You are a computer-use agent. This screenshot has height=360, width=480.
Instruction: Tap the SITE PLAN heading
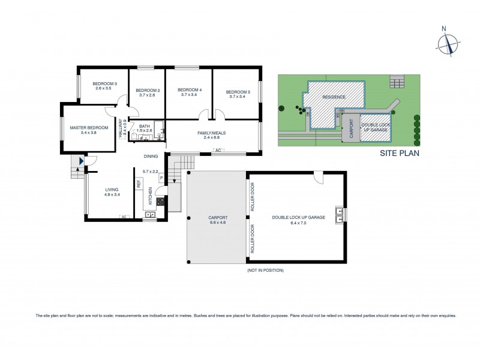click(400, 153)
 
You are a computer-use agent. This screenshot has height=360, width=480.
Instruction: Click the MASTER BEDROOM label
click(88, 128)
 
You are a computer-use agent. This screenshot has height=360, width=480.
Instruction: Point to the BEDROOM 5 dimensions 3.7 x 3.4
click(236, 96)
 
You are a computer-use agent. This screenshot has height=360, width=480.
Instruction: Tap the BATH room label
click(144, 126)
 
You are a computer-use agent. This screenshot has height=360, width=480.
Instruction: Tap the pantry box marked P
click(161, 178)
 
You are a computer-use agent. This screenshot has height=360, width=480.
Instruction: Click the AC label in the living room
click(124, 217)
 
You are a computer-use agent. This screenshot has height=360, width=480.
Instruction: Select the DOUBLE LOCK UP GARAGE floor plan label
click(298, 217)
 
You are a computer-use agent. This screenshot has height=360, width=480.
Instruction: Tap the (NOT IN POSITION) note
click(265, 271)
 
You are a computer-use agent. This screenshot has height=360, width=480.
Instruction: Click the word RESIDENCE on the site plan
click(334, 97)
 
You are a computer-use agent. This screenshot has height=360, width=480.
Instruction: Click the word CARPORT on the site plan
click(350, 128)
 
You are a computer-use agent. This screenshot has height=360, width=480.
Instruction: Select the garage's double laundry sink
click(340, 214)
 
